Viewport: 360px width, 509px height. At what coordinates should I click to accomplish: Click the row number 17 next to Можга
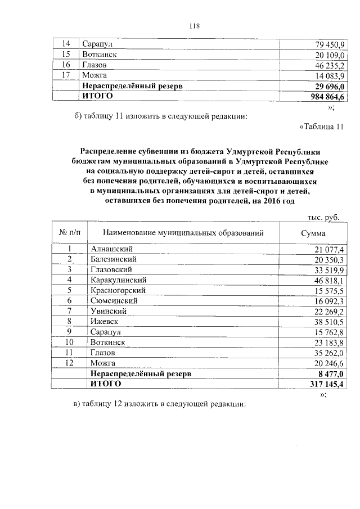pyautogui.click(x=65, y=75)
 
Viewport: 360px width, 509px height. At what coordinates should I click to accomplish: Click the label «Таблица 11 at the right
pyautogui.click(x=321, y=128)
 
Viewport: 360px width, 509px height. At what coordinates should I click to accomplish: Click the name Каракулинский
pyautogui.click(x=118, y=280)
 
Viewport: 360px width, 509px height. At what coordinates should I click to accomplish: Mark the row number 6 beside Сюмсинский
pyautogui.click(x=70, y=300)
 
